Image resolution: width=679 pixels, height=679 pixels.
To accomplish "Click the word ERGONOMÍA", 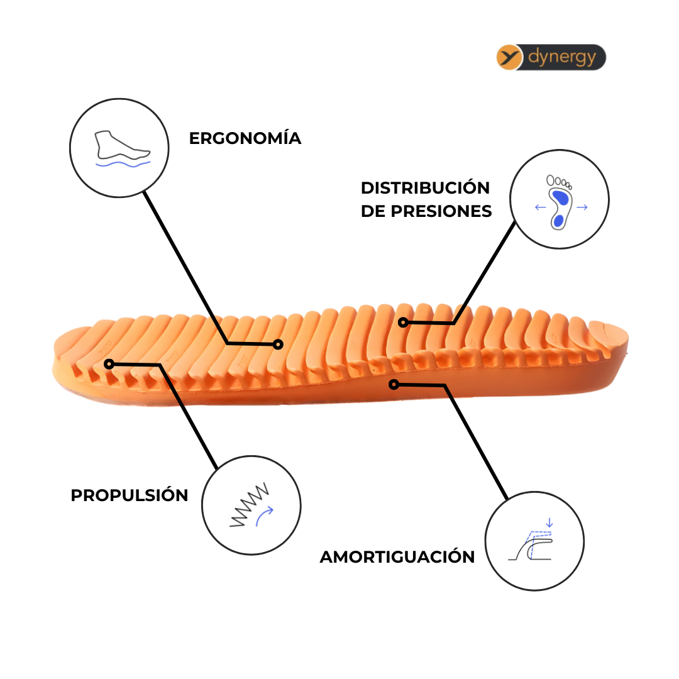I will tap(245, 138).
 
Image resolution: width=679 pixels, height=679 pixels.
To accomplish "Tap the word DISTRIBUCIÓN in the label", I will tap(425, 188).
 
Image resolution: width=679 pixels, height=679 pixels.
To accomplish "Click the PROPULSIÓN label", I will tap(129, 495).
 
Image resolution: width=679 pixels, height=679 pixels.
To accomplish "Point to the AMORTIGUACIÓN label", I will tap(397, 557).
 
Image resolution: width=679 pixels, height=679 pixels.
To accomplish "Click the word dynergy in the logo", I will tap(561, 57).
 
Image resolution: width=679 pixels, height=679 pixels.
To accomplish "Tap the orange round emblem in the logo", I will tap(510, 57).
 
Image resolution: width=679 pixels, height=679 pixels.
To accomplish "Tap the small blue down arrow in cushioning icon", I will tap(549, 522).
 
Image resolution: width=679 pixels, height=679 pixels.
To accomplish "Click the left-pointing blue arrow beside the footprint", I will tap(539, 207).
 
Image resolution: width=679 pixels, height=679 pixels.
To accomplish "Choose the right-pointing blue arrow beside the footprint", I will tap(582, 207).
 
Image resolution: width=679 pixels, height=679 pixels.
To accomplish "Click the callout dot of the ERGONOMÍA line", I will tap(279, 344).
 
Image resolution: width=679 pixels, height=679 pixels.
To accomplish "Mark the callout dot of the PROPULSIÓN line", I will tap(109, 363).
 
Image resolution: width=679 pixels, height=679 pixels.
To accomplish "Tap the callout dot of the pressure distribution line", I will tap(403, 323).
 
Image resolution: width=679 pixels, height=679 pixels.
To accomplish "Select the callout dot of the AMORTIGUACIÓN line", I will tap(394, 384).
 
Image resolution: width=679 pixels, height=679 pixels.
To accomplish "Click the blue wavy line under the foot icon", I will tap(123, 164).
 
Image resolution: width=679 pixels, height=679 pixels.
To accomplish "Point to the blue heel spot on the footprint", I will tap(558, 220).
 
